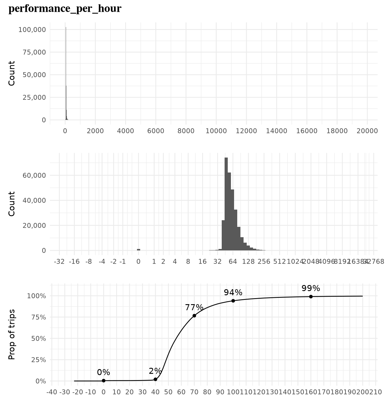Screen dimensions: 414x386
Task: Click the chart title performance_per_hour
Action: (65, 9)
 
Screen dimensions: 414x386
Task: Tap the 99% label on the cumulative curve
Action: (311, 288)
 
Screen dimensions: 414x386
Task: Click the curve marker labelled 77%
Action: (194, 316)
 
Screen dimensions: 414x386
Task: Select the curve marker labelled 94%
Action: (233, 301)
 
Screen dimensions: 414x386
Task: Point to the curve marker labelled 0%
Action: (103, 381)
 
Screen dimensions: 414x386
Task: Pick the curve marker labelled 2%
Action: (155, 379)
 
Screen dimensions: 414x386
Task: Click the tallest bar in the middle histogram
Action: (226, 204)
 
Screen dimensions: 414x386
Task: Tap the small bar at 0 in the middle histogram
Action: (138, 250)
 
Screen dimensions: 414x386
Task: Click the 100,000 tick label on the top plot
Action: (32, 30)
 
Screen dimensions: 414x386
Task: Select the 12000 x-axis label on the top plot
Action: (246, 131)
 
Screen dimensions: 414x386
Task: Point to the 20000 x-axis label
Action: (367, 131)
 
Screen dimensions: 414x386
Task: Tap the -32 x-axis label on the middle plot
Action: (59, 262)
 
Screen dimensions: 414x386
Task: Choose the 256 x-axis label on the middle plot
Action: (264, 262)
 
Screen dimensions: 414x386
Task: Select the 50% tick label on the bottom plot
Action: (38, 338)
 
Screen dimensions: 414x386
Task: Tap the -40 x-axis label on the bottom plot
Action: (52, 392)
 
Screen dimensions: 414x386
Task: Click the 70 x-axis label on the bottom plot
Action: (194, 392)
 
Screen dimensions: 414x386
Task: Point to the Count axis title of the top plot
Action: (11, 73)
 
